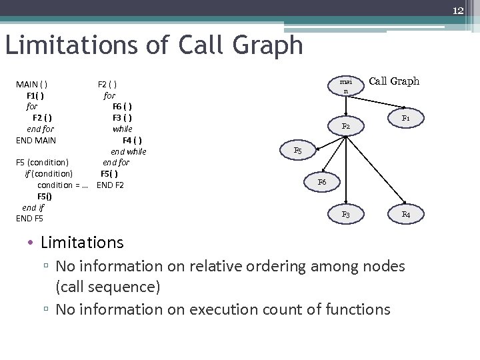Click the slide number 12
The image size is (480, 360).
(458, 11)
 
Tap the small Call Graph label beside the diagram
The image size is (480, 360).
(394, 81)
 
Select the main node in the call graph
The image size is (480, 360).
(345, 85)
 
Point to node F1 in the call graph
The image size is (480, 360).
(405, 118)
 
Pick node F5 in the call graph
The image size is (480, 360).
(298, 151)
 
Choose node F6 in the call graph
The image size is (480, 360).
(322, 181)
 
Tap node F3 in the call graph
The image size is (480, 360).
(346, 215)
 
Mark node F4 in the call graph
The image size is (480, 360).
(405, 215)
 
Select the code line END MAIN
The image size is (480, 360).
(36, 140)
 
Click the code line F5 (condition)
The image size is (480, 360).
(42, 163)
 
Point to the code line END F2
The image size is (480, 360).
(110, 185)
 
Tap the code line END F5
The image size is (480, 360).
(29, 218)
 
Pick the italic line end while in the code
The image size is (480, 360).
(128, 151)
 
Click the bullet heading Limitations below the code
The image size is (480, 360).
(82, 243)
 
